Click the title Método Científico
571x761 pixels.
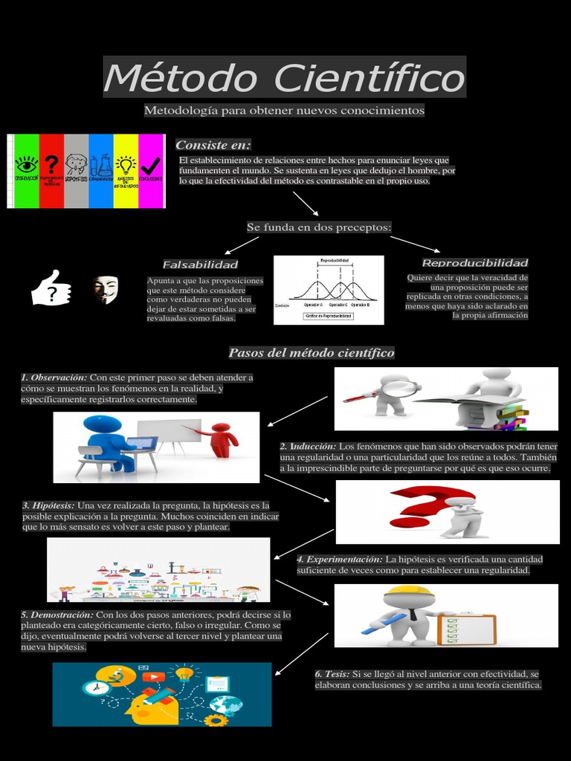click(x=284, y=77)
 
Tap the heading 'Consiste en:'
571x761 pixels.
click(x=213, y=144)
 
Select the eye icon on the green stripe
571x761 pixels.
click(x=27, y=163)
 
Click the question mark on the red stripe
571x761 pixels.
click(x=51, y=163)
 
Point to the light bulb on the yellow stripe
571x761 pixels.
click(x=126, y=163)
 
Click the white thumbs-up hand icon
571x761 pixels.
click(x=51, y=288)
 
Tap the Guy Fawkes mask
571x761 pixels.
click(x=106, y=289)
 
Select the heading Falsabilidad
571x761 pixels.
click(x=200, y=265)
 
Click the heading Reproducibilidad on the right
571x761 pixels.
click(x=474, y=263)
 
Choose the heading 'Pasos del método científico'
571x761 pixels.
click(x=311, y=352)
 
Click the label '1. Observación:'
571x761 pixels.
click(x=54, y=378)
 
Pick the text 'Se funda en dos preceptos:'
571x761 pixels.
click(x=318, y=227)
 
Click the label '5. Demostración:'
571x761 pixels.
click(x=57, y=615)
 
